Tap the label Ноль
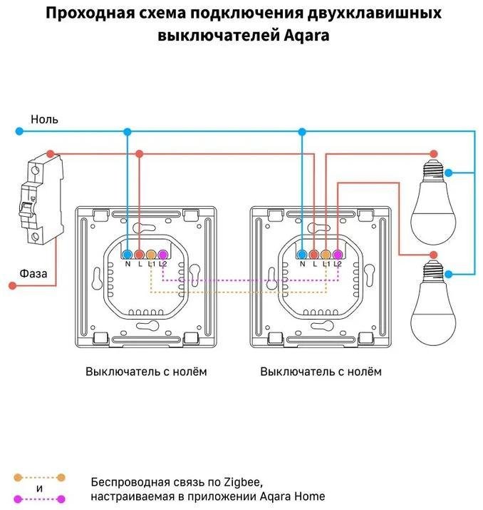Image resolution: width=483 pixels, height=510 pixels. point(44,118)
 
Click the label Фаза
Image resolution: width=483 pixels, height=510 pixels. point(33,272)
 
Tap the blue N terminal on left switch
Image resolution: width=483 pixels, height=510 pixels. point(128,254)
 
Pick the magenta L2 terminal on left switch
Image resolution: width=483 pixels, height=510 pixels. point(162,254)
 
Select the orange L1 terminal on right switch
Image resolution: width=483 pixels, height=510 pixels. point(326,254)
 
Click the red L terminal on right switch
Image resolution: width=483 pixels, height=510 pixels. point(314,254)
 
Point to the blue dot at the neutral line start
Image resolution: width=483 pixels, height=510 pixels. point(19,131)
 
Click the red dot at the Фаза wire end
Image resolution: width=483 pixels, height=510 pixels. point(11,285)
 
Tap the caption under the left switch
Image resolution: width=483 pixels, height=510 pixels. point(146,372)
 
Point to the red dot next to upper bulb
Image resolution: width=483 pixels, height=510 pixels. point(434,153)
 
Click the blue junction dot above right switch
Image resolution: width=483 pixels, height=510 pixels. point(302,131)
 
